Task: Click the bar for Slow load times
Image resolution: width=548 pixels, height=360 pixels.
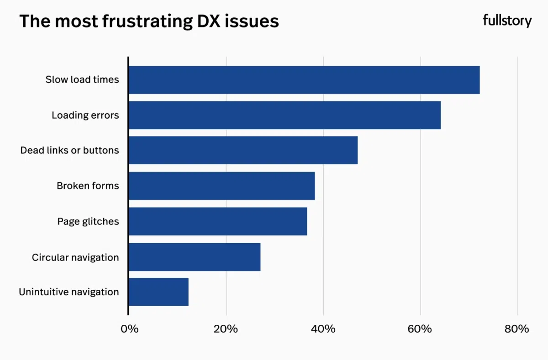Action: point(304,80)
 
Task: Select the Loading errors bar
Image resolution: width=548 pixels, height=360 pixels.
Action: point(285,115)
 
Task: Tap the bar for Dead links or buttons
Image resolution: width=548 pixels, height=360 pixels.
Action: point(243,150)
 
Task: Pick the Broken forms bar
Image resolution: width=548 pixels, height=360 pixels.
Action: point(221,186)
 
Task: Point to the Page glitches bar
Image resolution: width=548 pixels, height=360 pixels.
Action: point(218,221)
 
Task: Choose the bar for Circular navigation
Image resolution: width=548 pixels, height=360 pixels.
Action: point(195,257)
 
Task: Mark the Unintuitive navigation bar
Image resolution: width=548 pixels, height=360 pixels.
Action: point(158,292)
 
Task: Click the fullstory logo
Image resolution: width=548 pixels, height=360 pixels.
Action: point(507,21)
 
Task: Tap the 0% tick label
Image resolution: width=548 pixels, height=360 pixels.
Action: point(130,329)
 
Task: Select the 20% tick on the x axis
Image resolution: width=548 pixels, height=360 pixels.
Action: point(226,329)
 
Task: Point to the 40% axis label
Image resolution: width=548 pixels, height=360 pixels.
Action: point(323,329)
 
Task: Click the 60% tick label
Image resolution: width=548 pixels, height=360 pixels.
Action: point(420,329)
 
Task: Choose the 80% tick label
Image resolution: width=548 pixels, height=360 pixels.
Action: point(517,329)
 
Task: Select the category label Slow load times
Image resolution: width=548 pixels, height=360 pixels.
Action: point(82,80)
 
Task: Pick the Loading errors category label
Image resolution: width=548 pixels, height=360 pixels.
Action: point(85,115)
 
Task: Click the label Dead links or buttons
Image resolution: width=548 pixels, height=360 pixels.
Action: point(69,150)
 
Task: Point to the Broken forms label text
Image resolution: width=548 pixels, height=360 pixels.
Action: point(88,186)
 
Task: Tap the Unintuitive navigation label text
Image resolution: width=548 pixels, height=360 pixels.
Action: point(69,292)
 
